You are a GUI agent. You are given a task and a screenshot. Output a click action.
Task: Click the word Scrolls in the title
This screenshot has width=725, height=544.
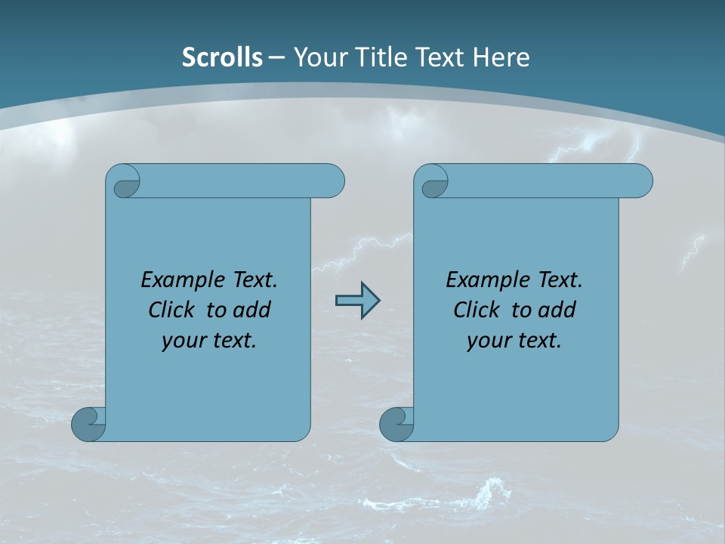click(222, 57)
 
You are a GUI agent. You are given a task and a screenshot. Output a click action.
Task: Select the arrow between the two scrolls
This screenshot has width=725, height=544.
click(357, 301)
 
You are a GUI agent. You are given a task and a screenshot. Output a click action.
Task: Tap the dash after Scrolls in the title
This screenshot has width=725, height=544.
click(276, 57)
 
